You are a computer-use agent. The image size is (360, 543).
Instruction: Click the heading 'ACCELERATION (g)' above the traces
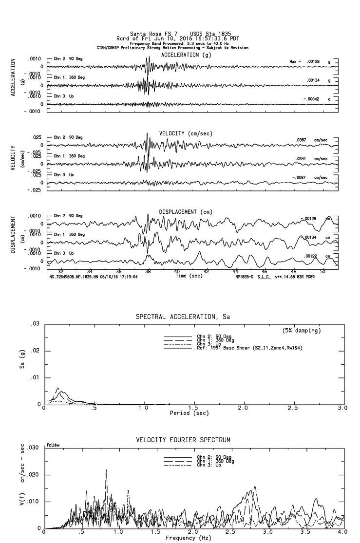tap(187, 55)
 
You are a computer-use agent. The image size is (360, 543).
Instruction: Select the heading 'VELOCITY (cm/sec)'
tap(186, 133)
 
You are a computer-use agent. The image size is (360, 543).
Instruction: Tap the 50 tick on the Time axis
tap(322, 271)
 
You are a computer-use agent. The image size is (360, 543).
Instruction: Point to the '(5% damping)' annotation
tap(302, 331)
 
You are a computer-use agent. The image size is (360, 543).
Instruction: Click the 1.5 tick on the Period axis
tap(193, 408)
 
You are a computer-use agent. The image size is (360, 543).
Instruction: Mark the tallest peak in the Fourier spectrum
tap(106, 470)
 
